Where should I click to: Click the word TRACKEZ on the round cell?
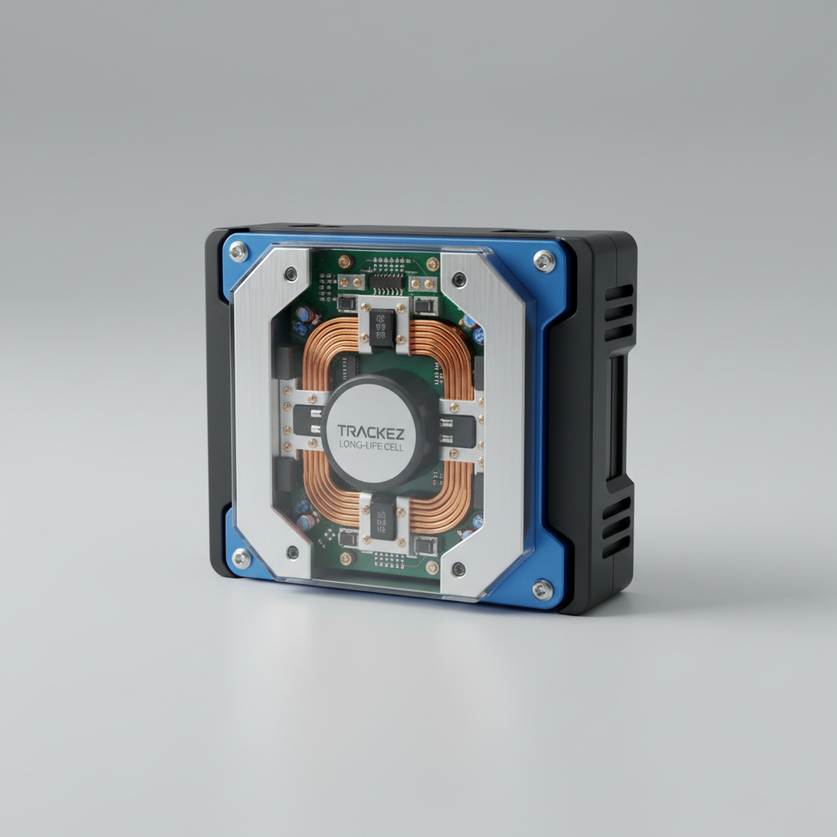coord(370,432)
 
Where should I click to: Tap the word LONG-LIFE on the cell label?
coord(358,445)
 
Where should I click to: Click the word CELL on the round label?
coord(392,445)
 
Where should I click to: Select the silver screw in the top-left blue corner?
coord(238,251)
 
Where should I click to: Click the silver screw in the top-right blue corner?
coord(544,261)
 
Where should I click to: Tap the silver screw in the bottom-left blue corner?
coord(241,557)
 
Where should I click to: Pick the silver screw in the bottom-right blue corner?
coord(543,589)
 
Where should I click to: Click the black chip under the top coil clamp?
coord(383,327)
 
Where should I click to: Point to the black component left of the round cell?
coord(308,419)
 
